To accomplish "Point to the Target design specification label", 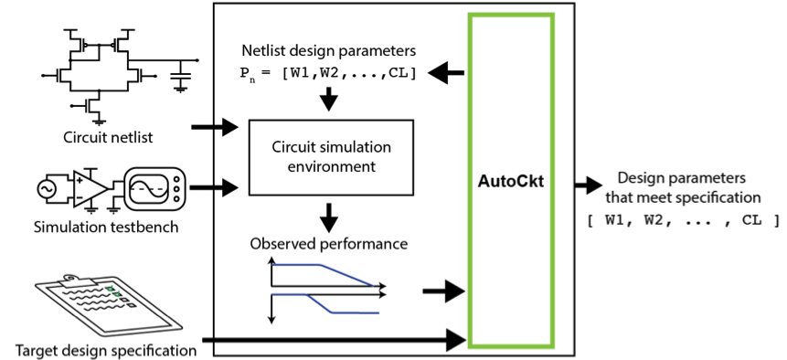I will click(106, 349).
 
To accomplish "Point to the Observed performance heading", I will click(328, 244).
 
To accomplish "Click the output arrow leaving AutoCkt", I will click(584, 187).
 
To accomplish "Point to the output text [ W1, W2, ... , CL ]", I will click(683, 220).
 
